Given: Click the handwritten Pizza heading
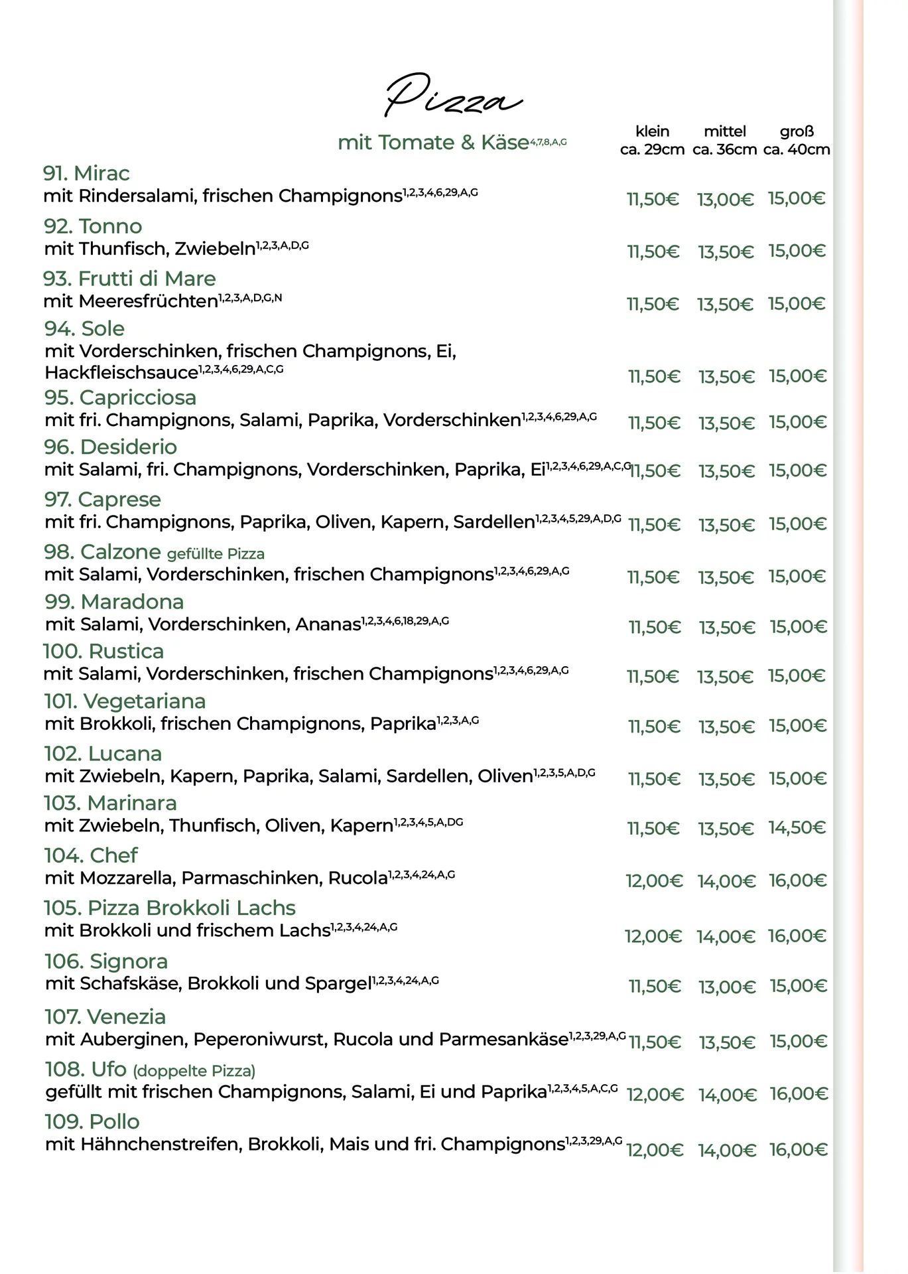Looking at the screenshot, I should (x=453, y=97).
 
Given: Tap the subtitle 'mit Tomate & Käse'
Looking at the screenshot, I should (x=433, y=143).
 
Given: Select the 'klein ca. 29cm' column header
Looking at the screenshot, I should (x=652, y=140).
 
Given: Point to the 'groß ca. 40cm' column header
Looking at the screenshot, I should (x=796, y=140).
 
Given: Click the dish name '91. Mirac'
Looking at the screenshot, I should (x=86, y=173).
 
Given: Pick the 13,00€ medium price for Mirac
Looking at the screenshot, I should (x=725, y=199).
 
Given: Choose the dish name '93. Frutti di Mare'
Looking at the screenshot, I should (x=129, y=279).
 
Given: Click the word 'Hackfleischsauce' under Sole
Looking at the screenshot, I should (x=121, y=373).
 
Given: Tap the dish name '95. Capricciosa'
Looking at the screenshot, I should (x=120, y=397).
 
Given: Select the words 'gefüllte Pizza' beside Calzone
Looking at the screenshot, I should (x=216, y=554).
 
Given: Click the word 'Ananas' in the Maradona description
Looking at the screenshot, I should (x=328, y=624).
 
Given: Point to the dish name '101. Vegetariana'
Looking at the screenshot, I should (x=125, y=701).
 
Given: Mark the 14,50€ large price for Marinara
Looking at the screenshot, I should (x=797, y=828).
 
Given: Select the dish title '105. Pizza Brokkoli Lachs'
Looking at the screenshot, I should (x=170, y=908).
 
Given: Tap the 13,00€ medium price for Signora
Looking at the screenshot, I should (x=726, y=987).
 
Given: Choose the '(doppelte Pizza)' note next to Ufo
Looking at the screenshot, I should (x=194, y=1071).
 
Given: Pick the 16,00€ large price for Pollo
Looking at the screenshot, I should (x=798, y=1150).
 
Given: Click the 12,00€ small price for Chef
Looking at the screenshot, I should (x=653, y=881).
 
